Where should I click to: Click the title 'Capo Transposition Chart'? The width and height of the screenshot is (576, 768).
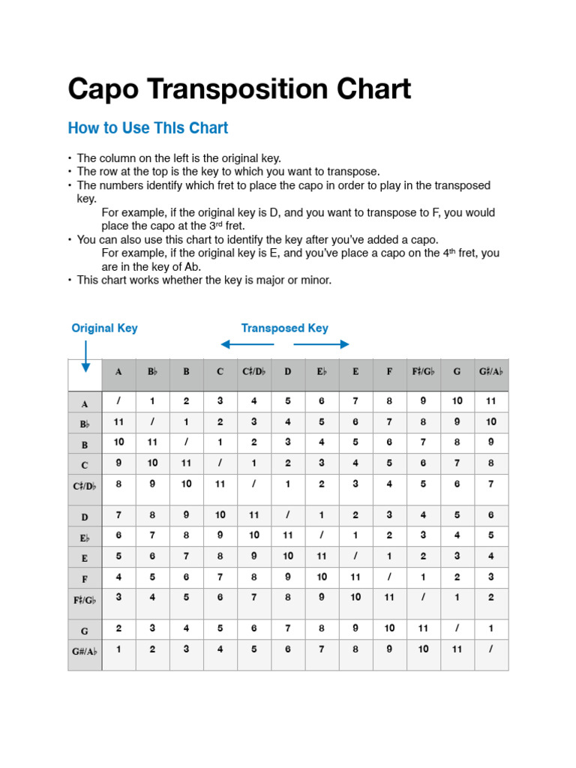[x=239, y=89]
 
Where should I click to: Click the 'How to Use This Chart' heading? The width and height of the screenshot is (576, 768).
[x=148, y=128]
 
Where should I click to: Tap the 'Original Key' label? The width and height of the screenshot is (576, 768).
[x=104, y=328]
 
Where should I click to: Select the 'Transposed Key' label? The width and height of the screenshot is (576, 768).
[x=284, y=328]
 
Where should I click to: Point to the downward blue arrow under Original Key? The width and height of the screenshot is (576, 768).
[x=85, y=356]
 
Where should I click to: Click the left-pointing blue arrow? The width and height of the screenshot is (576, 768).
[x=247, y=344]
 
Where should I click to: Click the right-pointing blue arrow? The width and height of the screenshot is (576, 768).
[x=322, y=344]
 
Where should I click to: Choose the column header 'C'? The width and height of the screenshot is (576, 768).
[x=220, y=371]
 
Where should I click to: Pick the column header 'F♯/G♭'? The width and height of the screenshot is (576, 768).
[x=423, y=371]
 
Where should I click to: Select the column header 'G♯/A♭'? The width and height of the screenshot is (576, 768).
[x=490, y=371]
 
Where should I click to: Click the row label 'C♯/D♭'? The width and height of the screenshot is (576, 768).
[x=85, y=485]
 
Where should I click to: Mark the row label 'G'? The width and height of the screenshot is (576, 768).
[x=85, y=630]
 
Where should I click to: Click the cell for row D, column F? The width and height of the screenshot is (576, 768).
[x=389, y=515]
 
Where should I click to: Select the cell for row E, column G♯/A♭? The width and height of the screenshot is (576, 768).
[x=490, y=556]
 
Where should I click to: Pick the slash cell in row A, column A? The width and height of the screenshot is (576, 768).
[x=118, y=401]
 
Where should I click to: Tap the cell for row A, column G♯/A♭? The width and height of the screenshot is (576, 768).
[x=490, y=401]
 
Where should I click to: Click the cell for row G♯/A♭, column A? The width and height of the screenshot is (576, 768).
[x=118, y=649]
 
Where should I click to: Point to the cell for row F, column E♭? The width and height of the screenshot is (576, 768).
[x=322, y=577]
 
